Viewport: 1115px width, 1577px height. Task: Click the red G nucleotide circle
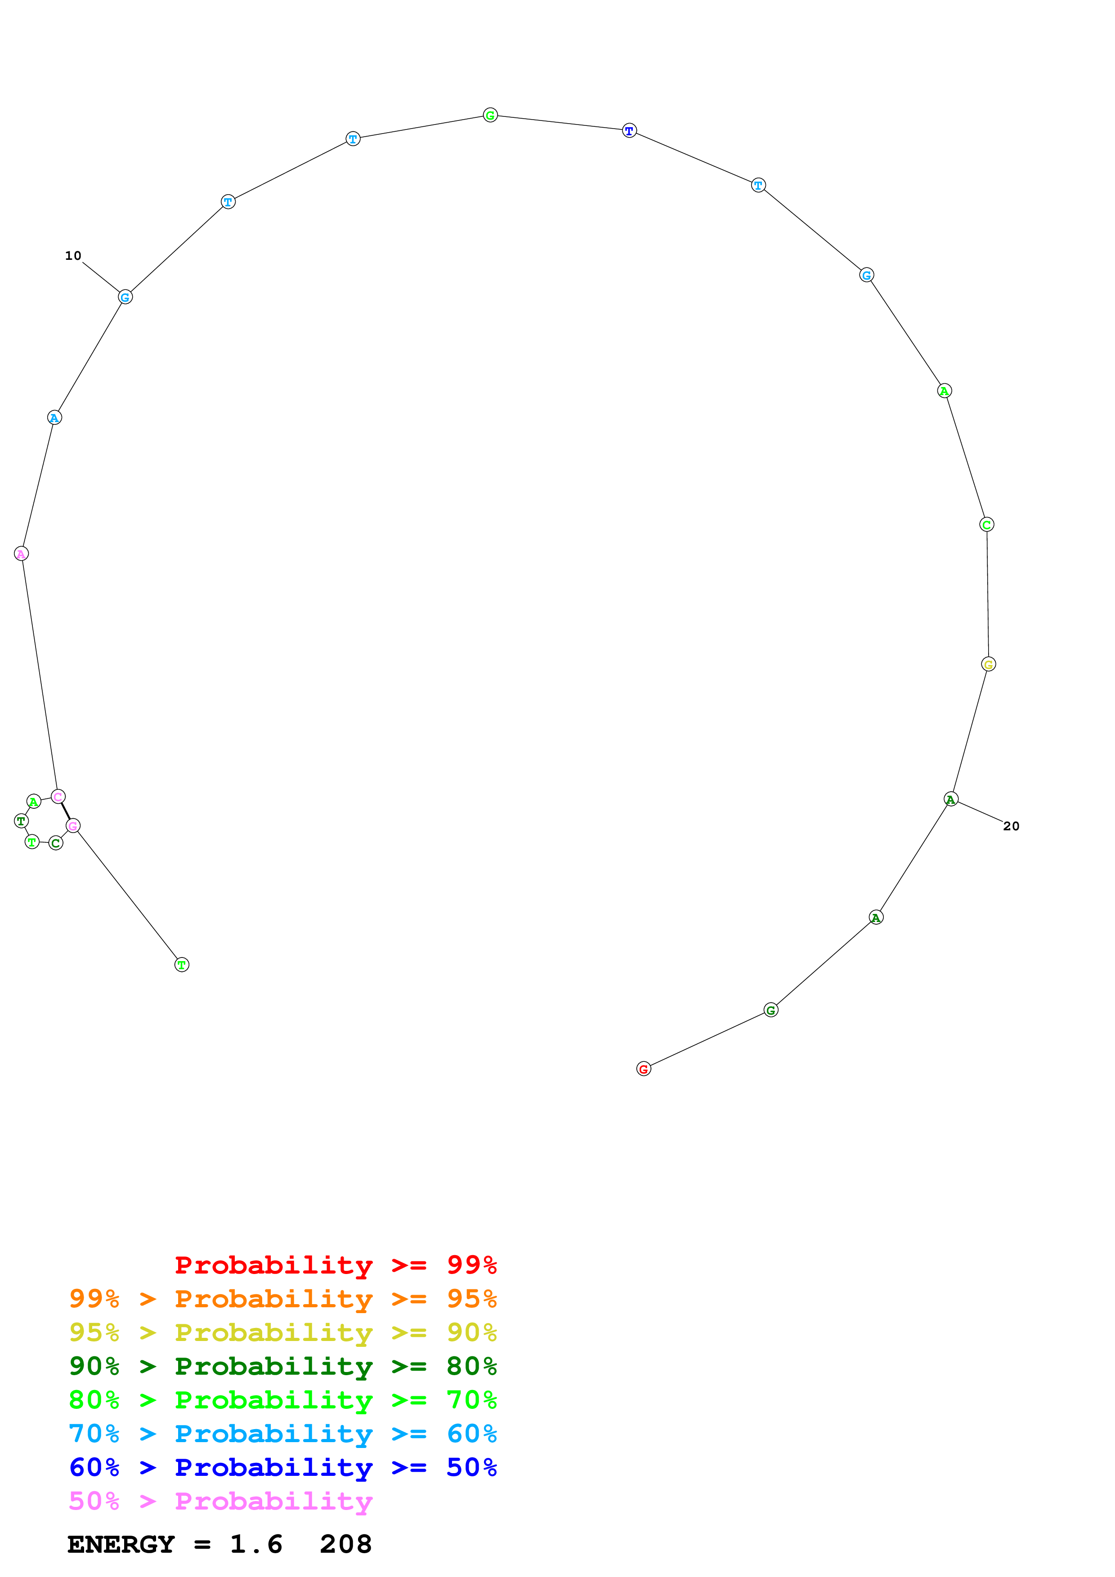pos(643,1069)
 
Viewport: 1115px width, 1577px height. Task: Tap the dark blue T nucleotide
pos(629,130)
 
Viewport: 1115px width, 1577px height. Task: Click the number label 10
pos(73,255)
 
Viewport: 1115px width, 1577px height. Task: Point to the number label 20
pos(1011,826)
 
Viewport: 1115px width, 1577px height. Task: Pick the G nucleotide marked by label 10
pos(125,297)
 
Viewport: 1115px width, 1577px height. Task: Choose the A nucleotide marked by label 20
pos(951,799)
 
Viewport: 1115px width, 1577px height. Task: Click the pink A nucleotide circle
pos(21,553)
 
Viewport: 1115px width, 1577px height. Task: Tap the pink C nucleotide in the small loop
pos(58,797)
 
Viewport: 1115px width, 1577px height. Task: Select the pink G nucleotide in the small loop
pos(73,826)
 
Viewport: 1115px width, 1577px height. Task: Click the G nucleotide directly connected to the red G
pos(771,1010)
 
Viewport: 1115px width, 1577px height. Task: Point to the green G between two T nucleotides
pos(490,116)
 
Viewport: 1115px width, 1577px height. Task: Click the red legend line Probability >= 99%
pos(335,1265)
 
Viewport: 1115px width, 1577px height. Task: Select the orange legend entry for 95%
pos(282,1299)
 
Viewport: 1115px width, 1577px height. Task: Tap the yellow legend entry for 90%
pos(282,1332)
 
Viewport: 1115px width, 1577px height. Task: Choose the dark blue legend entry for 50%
pos(282,1467)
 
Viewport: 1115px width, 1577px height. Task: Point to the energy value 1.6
pos(255,1545)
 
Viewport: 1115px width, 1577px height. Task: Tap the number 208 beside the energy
pos(345,1545)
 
